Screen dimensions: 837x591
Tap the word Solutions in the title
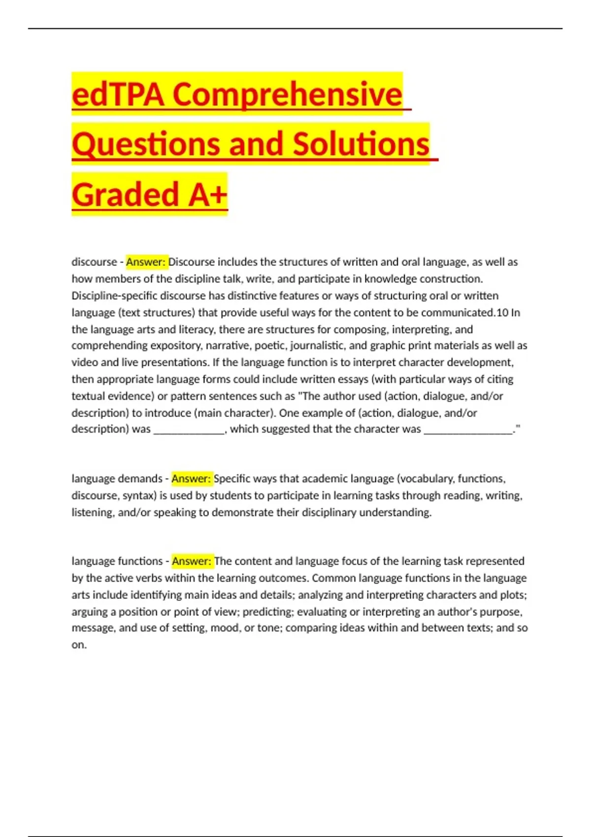[x=361, y=144]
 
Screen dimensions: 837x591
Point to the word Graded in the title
[x=125, y=194]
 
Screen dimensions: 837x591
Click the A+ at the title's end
[x=208, y=194]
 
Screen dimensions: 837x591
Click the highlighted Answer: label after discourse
[x=146, y=262]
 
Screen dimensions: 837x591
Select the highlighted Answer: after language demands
[x=192, y=479]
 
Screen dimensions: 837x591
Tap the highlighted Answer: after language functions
[x=192, y=561]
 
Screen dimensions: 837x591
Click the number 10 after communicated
[x=502, y=313]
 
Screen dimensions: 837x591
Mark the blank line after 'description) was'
[x=189, y=429]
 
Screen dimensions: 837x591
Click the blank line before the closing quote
[x=468, y=429]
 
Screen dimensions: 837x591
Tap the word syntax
[x=139, y=496]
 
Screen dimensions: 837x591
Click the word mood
[x=224, y=628]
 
